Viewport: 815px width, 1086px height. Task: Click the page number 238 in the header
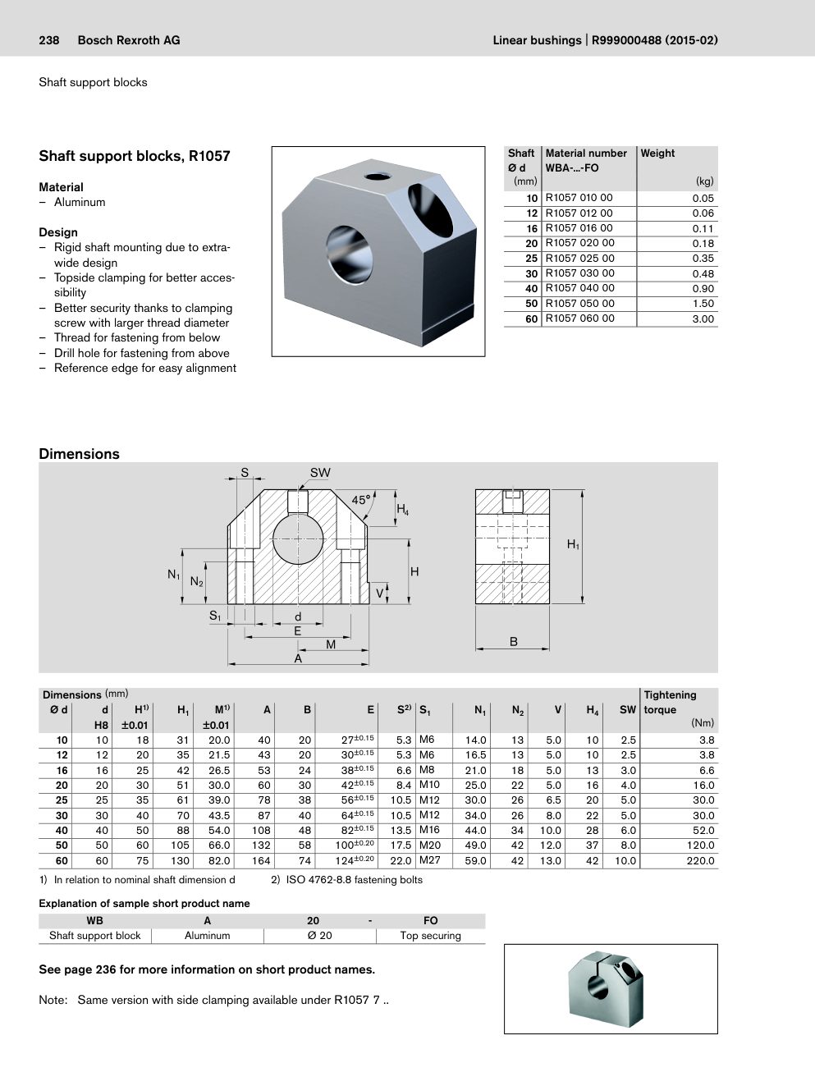click(49, 40)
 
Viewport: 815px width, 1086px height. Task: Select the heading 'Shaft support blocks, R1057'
click(135, 156)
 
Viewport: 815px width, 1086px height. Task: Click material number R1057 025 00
click(579, 259)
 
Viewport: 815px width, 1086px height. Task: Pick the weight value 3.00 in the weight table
click(703, 319)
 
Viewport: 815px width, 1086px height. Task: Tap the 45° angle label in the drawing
click(361, 500)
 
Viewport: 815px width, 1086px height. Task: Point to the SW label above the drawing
click(320, 473)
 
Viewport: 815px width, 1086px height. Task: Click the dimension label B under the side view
click(513, 642)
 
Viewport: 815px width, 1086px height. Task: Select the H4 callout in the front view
click(402, 509)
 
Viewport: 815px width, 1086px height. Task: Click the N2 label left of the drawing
click(197, 581)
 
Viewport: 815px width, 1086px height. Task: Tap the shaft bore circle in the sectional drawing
click(298, 538)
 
